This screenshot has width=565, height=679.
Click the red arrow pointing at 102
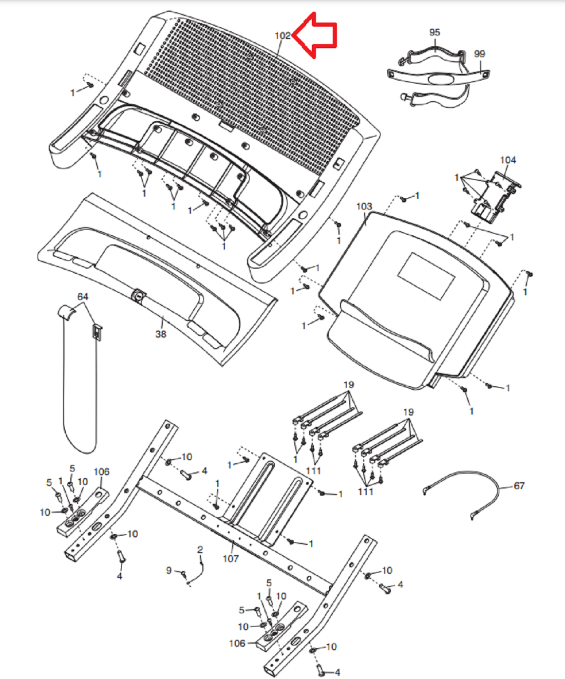click(x=315, y=35)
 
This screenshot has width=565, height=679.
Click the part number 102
click(x=282, y=36)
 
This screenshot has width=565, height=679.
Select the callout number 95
click(x=435, y=32)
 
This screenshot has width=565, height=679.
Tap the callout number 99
click(x=479, y=54)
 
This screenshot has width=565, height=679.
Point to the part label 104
click(x=508, y=160)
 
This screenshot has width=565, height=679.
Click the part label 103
click(x=364, y=206)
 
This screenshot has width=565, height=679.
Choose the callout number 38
click(x=161, y=334)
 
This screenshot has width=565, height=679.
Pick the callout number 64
click(x=83, y=296)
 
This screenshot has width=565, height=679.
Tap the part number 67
click(x=519, y=486)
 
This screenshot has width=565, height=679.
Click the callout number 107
click(x=231, y=559)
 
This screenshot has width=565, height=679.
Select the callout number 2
click(x=200, y=550)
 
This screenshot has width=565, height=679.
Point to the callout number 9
click(x=169, y=571)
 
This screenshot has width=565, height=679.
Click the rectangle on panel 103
click(x=426, y=276)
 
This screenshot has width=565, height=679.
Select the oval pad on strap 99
click(x=441, y=79)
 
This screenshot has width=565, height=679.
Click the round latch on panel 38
click(x=138, y=295)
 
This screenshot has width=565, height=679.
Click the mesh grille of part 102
click(x=251, y=95)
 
